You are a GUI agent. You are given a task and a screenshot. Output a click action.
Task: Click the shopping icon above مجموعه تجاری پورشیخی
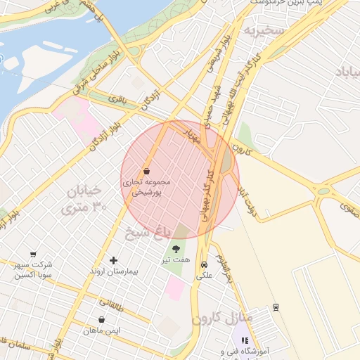click(x=146, y=171)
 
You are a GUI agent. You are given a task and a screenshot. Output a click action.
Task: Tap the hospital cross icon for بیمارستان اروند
click(x=113, y=260)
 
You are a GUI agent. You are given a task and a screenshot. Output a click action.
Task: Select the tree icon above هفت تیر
click(x=176, y=248)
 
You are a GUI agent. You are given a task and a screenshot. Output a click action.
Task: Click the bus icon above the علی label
click(x=204, y=265)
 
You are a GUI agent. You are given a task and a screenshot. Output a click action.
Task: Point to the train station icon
click(x=276, y=307)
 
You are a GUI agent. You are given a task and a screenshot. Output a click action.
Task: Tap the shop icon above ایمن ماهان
click(x=102, y=319)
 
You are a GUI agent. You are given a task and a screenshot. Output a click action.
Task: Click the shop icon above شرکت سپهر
click(x=33, y=254)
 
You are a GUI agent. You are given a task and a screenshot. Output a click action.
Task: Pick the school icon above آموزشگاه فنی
click(x=244, y=340)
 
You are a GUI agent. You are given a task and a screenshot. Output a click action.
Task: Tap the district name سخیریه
click(x=263, y=31)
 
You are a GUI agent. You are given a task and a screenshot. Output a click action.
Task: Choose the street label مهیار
click(x=192, y=135)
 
